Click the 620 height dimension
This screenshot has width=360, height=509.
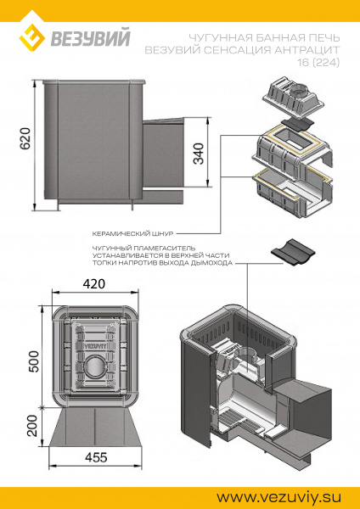pyautogui.click(x=25, y=138)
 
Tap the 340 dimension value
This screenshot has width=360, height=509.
pyautogui.click(x=199, y=154)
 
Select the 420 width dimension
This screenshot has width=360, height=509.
pyautogui.click(x=94, y=283)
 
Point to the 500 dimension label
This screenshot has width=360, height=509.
pyautogui.click(x=33, y=361)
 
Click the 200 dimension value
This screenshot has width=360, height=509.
pyautogui.click(x=33, y=426)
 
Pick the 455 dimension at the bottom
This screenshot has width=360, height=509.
pyautogui.click(x=96, y=457)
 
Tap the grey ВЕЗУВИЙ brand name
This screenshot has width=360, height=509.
pyautogui.click(x=91, y=37)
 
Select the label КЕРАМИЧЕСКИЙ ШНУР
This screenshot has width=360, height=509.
pyautogui.click(x=132, y=233)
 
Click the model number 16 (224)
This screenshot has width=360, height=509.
pyautogui.click(x=318, y=62)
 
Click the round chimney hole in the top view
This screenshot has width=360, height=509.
pyautogui.click(x=94, y=368)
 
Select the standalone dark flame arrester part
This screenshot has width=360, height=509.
pyautogui.click(x=293, y=253)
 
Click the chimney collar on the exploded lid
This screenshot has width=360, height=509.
pyautogui.click(x=298, y=92)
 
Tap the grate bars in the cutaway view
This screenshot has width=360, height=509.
pyautogui.click(x=240, y=420)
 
